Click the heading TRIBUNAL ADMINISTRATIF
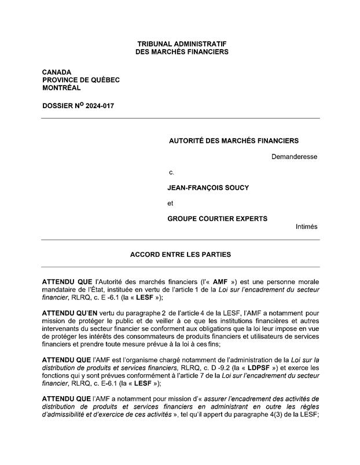[x=181, y=44]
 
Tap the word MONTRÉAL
[x=61, y=88]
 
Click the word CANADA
[x=57, y=72]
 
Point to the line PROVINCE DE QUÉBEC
[x=80, y=80]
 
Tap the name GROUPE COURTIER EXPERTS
[x=217, y=219]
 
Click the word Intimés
[x=306, y=227]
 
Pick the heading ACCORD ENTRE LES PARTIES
[x=181, y=254]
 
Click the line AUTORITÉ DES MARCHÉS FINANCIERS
[x=233, y=141]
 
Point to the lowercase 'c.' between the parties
[x=171, y=172]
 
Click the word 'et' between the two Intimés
[x=170, y=204]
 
